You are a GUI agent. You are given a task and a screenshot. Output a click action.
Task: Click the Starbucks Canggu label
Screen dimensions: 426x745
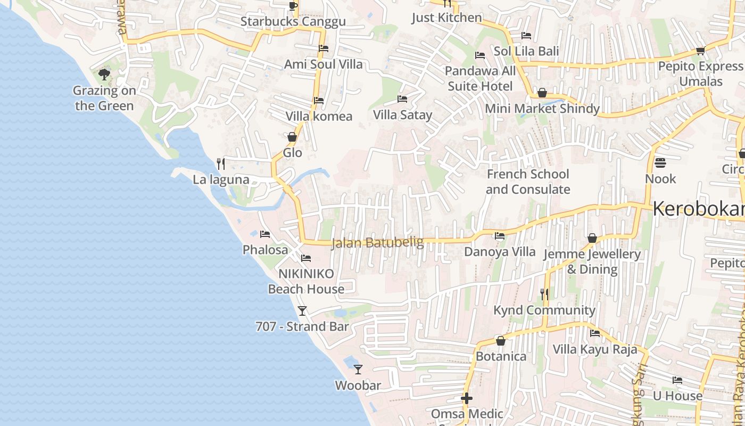(x=293, y=22)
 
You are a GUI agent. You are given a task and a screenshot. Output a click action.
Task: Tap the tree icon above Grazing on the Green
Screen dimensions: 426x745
(x=104, y=75)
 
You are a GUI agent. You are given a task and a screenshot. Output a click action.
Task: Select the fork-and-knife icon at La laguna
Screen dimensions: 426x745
(x=221, y=163)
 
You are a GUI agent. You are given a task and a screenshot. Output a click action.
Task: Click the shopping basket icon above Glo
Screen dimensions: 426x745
(x=292, y=137)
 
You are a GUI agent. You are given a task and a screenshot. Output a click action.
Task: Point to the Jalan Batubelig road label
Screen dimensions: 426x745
(x=377, y=243)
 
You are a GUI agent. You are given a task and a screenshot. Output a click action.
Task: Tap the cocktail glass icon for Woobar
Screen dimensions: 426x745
(x=358, y=369)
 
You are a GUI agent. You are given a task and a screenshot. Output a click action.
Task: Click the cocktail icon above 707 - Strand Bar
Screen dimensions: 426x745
(x=302, y=310)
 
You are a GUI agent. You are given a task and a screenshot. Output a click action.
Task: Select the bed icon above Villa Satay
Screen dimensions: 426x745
(x=402, y=99)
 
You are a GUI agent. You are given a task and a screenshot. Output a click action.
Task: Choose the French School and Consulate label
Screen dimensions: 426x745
(x=527, y=182)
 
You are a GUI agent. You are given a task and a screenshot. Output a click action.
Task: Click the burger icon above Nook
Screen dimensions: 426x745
(x=660, y=162)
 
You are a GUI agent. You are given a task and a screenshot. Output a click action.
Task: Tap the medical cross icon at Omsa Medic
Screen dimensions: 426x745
(x=467, y=398)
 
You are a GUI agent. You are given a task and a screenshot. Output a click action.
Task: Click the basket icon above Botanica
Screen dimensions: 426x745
(x=500, y=341)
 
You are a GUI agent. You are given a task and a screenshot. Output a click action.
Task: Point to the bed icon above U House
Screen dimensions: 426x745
(x=677, y=380)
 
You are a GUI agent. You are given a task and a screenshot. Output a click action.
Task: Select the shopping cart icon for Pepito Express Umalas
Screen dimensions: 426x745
(x=700, y=51)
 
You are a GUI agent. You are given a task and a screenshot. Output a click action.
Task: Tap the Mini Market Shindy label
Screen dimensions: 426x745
(x=542, y=109)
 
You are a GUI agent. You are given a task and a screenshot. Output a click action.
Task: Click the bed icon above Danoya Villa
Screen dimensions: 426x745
(x=499, y=236)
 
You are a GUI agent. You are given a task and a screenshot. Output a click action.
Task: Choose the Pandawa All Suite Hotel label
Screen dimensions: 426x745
(x=480, y=78)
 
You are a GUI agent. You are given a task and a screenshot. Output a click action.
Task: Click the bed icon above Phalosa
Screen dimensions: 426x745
(x=264, y=234)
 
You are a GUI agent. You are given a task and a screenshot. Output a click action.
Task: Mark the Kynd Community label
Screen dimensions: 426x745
(x=544, y=310)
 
